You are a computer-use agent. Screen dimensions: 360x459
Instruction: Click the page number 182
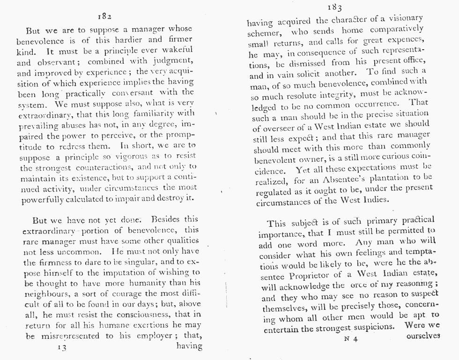click(104, 16)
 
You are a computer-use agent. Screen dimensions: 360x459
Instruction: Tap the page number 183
click(334, 7)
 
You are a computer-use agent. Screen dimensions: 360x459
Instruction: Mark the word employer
click(158, 336)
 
